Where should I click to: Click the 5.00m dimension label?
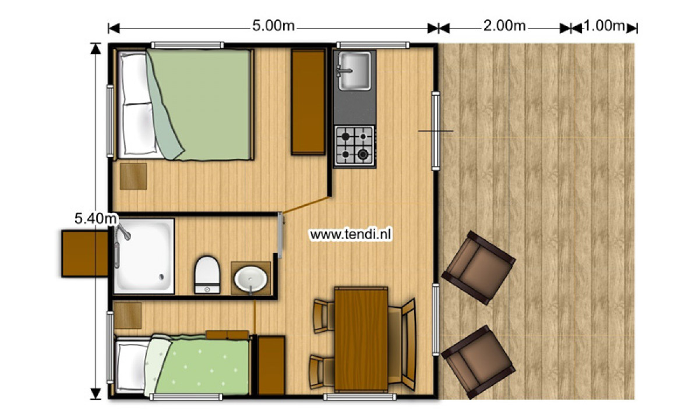pos(273,26)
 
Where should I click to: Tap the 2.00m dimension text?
pos(504,26)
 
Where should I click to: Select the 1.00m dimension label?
pos(604,26)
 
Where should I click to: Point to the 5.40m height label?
pos(96,219)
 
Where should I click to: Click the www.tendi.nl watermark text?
pos(350,235)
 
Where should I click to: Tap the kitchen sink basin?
pos(355,71)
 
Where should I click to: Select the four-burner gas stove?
pos(354,145)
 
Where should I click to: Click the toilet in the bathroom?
pos(207,275)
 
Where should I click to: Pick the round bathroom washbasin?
pos(250,279)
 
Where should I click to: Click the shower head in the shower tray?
pos(123,232)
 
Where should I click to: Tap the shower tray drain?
pos(162,276)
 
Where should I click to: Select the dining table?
pos(361,339)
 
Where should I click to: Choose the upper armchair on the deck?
pos(478,268)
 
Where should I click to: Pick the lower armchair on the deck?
pos(478,361)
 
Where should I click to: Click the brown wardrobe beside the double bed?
pos(308,102)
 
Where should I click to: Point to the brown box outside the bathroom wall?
pos(85,254)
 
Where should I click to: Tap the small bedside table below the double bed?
pos(133,176)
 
